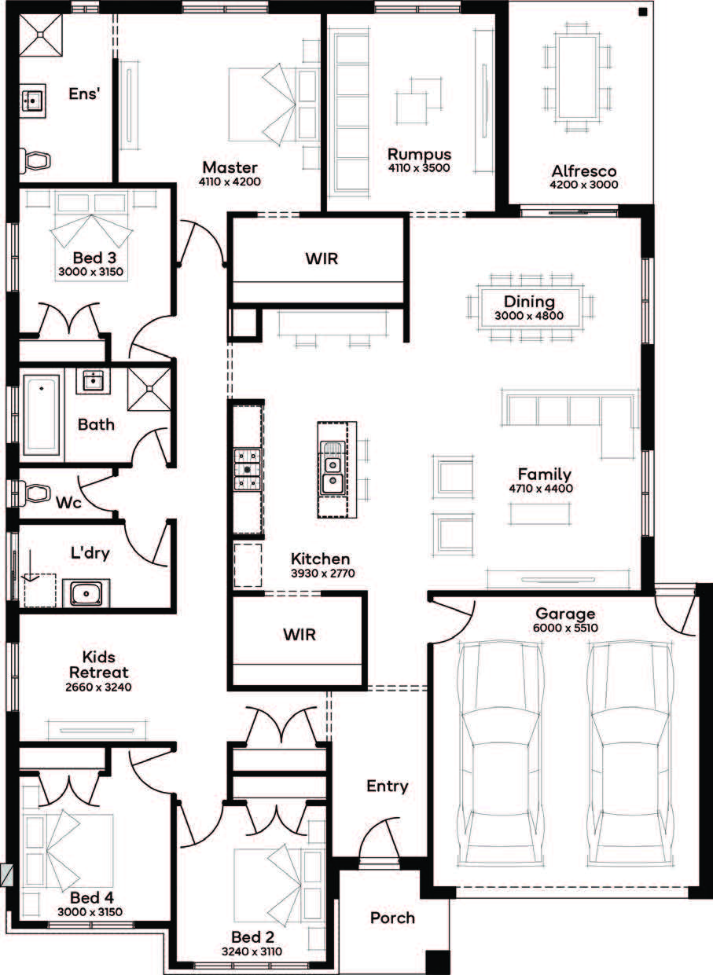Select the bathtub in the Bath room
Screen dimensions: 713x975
coord(42,415)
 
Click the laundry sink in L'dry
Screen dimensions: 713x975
coord(86,593)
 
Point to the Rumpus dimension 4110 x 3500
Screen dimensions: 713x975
coord(419,168)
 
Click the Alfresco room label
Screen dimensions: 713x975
coord(584,170)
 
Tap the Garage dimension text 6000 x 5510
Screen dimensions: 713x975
coord(565,628)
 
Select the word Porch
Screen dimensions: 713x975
coord(392,918)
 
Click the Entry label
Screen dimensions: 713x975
coord(388,786)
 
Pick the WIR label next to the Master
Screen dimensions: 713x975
coord(322,258)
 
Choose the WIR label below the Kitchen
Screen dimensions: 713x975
coord(300,634)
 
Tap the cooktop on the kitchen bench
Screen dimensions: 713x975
coord(248,470)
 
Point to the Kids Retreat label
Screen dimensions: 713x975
coord(99,665)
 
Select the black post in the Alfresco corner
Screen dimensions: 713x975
coord(643,13)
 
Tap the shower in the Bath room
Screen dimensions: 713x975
coord(149,389)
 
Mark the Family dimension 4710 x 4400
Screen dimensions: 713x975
coord(541,489)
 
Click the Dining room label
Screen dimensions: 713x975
coord(529,302)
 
